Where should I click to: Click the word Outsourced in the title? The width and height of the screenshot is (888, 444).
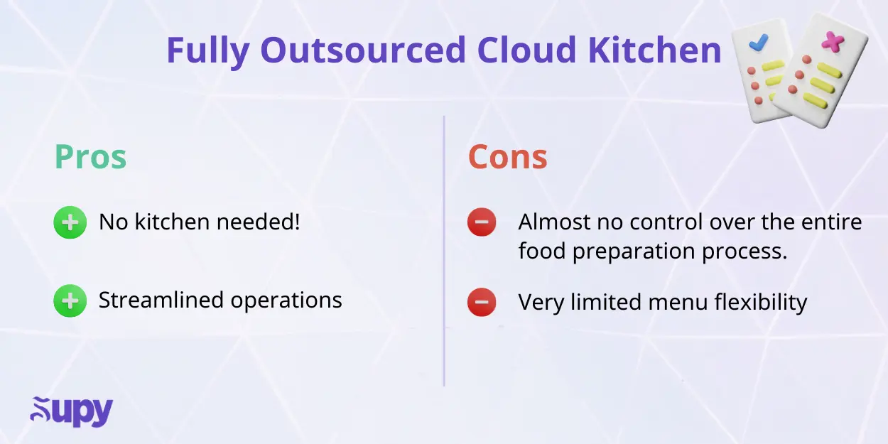363,50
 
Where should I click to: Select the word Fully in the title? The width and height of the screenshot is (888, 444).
207,52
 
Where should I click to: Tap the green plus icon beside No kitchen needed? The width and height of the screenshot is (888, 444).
70,223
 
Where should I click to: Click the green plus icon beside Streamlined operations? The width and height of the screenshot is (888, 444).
70,301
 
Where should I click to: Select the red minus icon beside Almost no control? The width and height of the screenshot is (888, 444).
481,223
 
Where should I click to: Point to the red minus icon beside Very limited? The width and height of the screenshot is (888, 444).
481,303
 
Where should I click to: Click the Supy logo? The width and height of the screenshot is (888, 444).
72,411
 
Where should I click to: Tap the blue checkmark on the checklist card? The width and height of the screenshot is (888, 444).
759,43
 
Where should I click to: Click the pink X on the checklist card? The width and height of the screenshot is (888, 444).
831,43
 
